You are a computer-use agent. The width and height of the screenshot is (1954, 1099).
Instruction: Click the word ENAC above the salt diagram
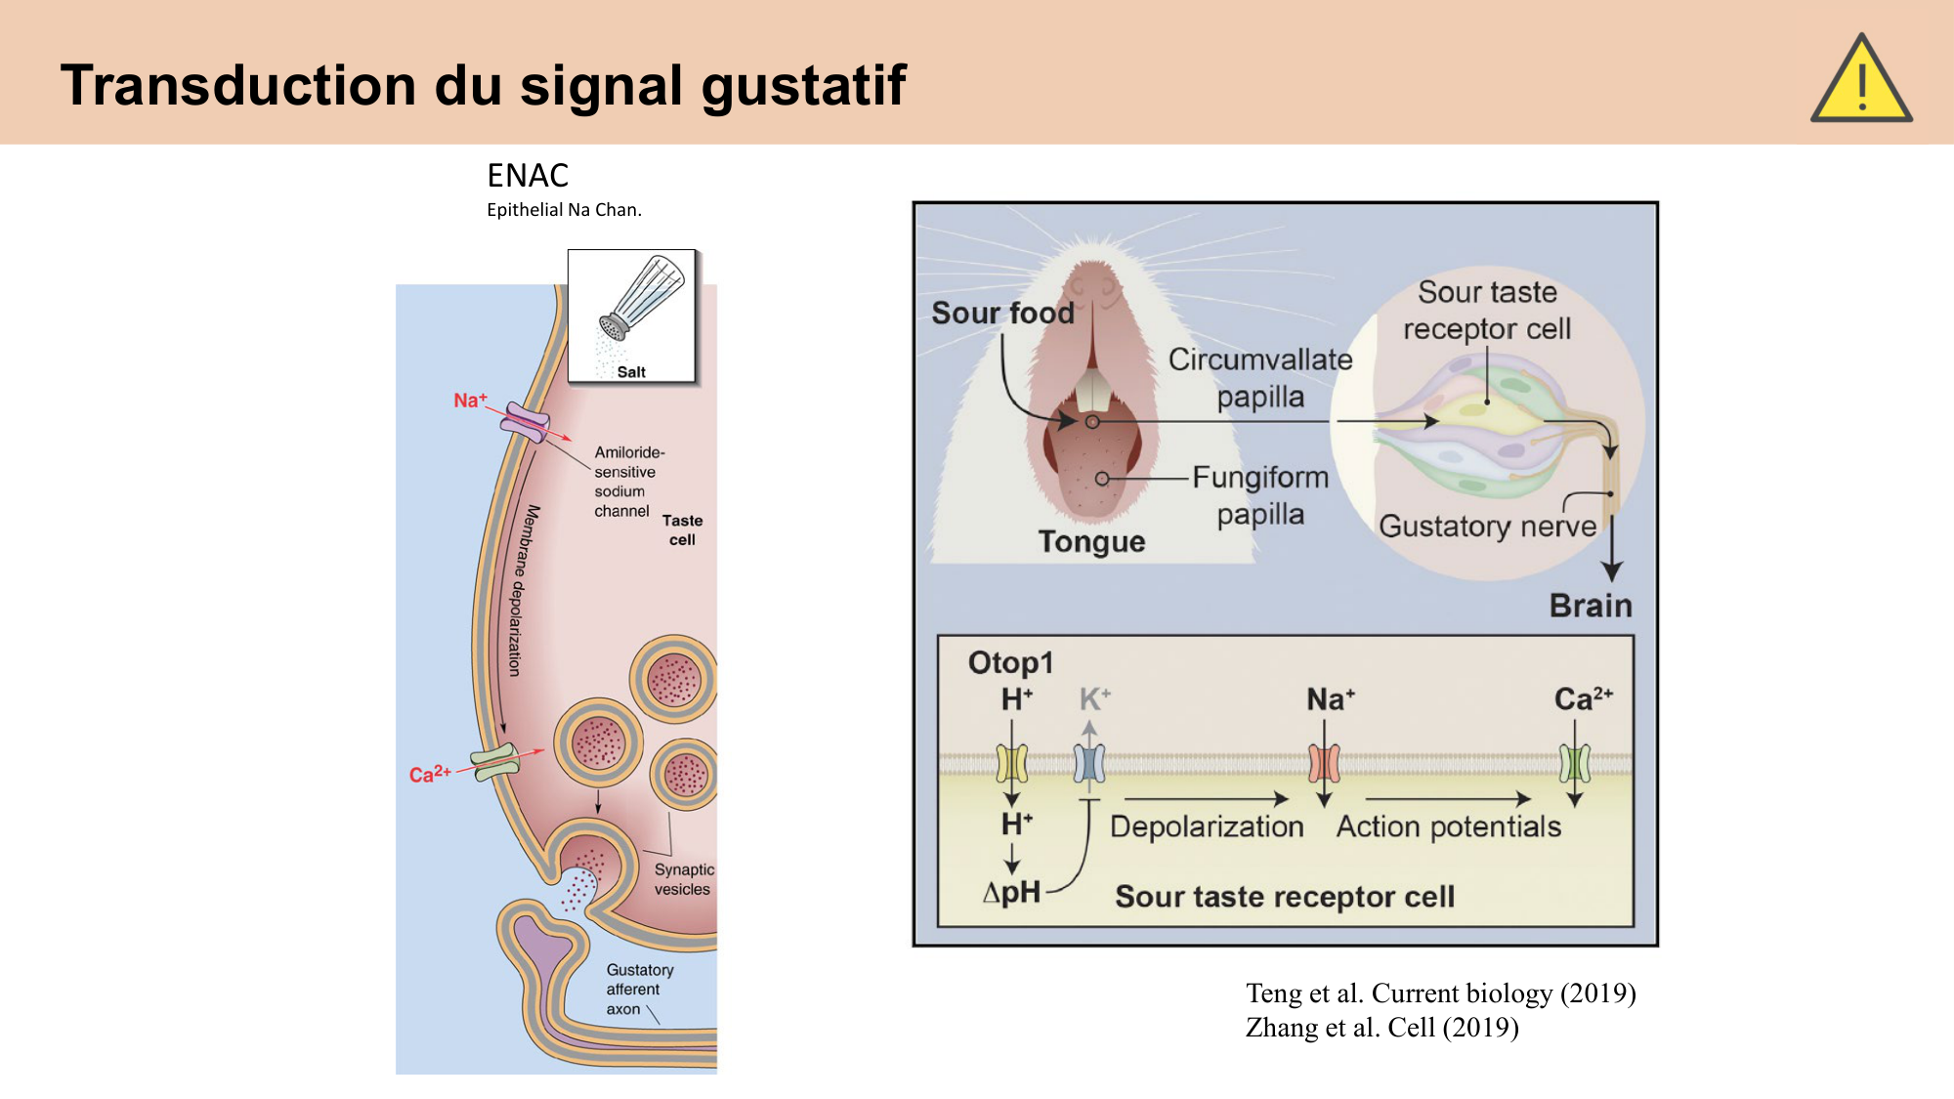528,176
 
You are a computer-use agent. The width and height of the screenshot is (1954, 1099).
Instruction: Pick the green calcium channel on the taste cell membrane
496,762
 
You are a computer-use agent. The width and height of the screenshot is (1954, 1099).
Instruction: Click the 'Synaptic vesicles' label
683,879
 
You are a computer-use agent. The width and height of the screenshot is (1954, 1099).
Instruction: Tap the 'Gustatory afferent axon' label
639,989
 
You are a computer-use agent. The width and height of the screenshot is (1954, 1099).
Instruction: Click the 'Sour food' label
1002,313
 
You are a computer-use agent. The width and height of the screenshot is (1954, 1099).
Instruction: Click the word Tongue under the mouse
1091,541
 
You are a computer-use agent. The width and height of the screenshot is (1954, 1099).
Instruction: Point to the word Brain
1591,606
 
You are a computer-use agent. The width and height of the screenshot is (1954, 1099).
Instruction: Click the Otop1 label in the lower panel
1010,662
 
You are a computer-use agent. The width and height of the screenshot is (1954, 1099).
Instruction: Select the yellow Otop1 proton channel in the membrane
1012,763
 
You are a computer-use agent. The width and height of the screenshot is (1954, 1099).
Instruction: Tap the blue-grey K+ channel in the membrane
1089,763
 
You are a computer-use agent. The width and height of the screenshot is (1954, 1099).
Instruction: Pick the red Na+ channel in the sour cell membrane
1324,763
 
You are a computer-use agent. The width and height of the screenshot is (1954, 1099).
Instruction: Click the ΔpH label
1012,892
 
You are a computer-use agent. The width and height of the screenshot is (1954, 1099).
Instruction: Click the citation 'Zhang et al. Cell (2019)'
1381,1028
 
